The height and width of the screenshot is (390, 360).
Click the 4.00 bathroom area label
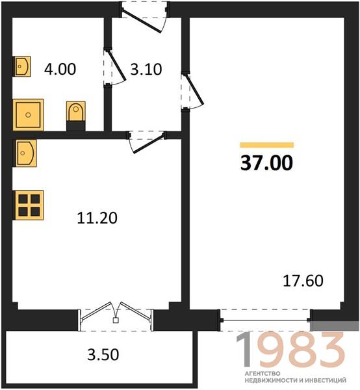[60, 69]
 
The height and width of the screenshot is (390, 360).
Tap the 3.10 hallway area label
[146, 69]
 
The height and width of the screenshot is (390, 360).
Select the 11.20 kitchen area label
[97, 218]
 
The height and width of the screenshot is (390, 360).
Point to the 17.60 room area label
[303, 281]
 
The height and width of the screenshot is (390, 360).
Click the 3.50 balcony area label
[103, 355]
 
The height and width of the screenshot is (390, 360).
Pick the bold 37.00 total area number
[266, 163]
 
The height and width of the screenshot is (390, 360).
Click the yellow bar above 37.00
[267, 145]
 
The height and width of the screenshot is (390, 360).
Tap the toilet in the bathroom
[76, 116]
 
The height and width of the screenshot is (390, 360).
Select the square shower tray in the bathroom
[28, 114]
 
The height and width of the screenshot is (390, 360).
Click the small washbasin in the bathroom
[22, 66]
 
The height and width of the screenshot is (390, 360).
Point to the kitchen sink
[25, 153]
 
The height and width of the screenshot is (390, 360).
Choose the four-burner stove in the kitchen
[29, 205]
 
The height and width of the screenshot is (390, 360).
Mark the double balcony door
[116, 316]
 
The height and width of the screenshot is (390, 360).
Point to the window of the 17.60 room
[266, 320]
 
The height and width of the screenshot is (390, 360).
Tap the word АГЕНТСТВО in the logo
[263, 373]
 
